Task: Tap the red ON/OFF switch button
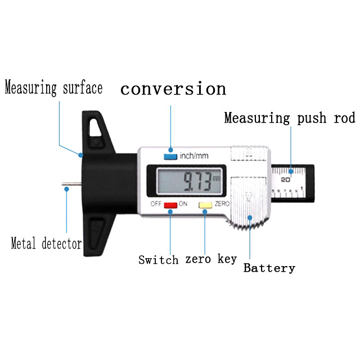point(170,206)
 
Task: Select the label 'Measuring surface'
point(54,88)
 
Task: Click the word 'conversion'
point(173,89)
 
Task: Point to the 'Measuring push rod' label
point(290,118)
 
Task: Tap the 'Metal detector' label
point(46,244)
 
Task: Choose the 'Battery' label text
point(269,268)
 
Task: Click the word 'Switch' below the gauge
point(159,260)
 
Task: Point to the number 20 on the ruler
point(285,179)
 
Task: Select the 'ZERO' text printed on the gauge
point(222,204)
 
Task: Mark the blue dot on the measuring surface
point(81,154)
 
